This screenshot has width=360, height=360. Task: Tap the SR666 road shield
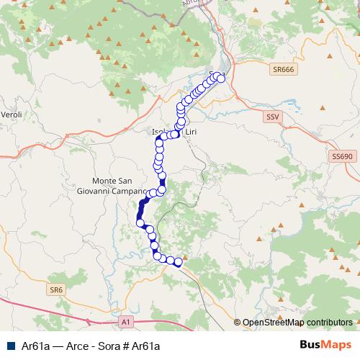coord(283,69)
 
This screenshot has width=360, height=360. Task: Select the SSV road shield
coord(271,116)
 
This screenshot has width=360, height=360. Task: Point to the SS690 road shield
coord(341,156)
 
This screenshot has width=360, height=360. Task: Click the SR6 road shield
coord(57,289)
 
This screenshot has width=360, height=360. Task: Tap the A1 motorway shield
coord(126,321)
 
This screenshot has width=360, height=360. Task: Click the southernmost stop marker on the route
coord(178,264)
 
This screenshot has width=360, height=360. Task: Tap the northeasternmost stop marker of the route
coord(220,78)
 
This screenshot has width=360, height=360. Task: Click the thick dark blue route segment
coord(141,210)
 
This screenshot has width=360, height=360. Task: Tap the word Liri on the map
coord(189,132)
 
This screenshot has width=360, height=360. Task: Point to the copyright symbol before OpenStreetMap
coord(237,323)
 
